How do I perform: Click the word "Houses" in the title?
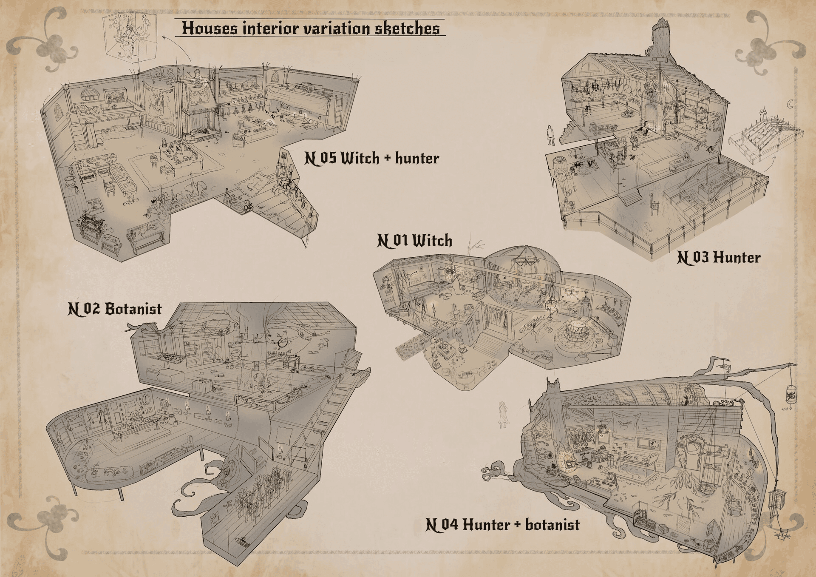click(x=210, y=28)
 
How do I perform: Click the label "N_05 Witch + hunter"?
click(x=371, y=158)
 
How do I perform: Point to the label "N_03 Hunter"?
click(x=718, y=257)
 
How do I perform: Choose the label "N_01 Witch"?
click(x=414, y=241)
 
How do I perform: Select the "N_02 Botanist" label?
click(x=115, y=309)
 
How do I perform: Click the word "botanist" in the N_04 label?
click(x=552, y=525)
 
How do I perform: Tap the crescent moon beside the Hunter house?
click(x=790, y=104)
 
